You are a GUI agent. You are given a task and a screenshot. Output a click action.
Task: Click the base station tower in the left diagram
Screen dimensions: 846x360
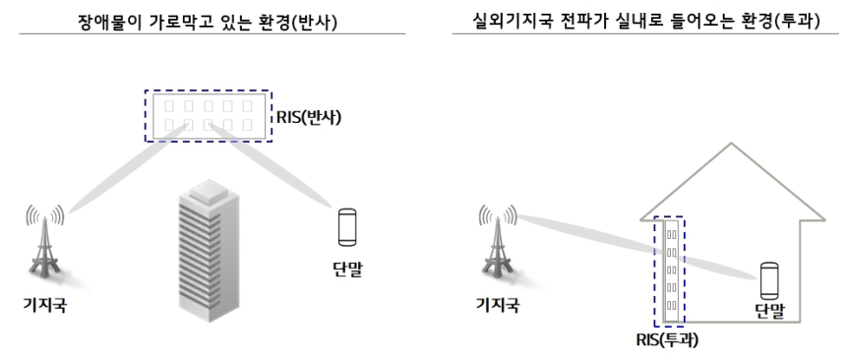[x=45, y=246]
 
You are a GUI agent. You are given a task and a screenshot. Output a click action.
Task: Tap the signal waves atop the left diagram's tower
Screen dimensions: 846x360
[x=45, y=213]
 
